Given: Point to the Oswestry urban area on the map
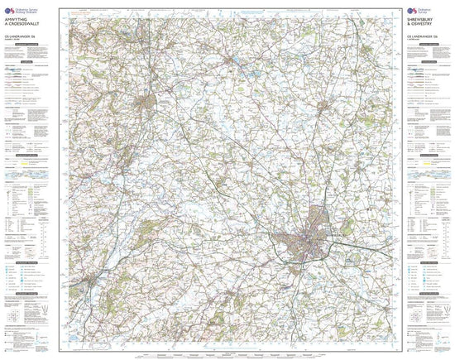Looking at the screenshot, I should [146, 101].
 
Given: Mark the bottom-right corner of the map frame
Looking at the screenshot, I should [395, 342].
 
